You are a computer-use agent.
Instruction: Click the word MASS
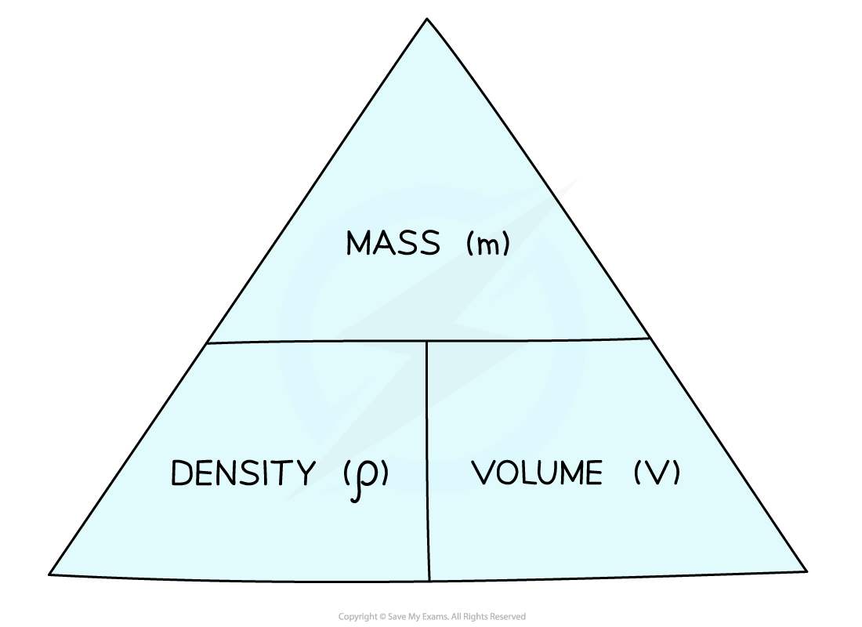393,242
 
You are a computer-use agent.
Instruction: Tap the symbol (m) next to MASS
488,244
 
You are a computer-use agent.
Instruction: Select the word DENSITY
244,473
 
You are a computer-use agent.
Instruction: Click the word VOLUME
537,473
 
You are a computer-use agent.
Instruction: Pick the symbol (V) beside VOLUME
657,473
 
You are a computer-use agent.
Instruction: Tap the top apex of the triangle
427,19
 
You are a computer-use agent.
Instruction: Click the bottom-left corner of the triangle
49,574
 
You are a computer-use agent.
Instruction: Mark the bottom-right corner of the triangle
806,571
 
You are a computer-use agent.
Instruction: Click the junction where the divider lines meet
426,341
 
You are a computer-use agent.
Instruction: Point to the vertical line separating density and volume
428,461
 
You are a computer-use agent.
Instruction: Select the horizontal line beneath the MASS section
428,340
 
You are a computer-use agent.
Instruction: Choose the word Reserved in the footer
508,617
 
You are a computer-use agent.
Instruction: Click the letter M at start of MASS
359,243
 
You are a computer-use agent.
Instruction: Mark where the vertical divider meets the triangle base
429,581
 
